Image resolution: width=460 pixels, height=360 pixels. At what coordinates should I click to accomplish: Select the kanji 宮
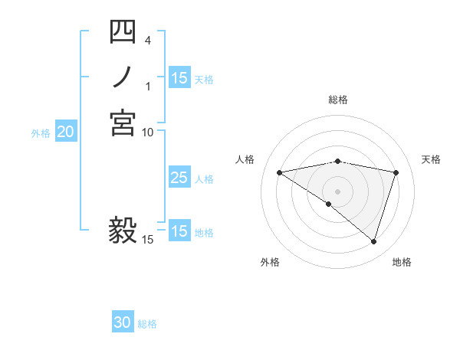[x=123, y=123]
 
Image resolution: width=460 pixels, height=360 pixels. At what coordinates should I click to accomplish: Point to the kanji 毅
[x=123, y=229]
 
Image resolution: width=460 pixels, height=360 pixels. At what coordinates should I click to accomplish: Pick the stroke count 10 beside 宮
[x=148, y=132]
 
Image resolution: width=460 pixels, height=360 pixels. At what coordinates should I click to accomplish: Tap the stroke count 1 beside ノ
[x=148, y=86]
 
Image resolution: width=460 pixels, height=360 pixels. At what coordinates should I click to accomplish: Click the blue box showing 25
[x=179, y=178]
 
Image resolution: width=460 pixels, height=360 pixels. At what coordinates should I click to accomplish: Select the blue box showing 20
[x=66, y=133]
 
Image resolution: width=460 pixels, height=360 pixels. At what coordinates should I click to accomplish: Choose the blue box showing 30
[x=123, y=323]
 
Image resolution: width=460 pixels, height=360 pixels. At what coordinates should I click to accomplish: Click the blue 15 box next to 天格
[x=179, y=78]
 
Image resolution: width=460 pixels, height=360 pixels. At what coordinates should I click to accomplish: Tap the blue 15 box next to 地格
[x=179, y=231]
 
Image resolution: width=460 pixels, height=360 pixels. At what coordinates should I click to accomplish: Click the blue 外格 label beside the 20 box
[x=41, y=133]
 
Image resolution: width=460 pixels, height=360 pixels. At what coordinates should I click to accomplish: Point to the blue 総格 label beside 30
[x=147, y=324]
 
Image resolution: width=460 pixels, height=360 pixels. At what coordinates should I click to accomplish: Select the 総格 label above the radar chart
[x=338, y=100]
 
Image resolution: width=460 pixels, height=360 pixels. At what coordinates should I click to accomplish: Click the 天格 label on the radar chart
[x=432, y=159]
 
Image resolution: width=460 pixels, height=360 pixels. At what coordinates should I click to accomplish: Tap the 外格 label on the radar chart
[x=270, y=262]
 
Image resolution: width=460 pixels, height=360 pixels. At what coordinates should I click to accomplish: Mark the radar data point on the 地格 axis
[x=374, y=242]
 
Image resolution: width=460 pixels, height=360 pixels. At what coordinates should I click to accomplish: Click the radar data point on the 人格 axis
[x=279, y=172]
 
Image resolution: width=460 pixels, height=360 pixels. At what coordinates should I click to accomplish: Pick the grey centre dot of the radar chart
[x=338, y=191]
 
